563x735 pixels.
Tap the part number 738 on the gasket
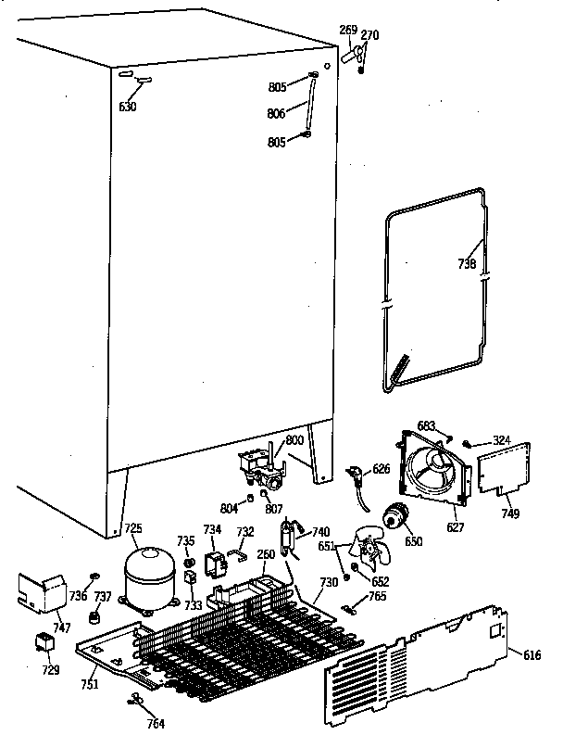(468, 264)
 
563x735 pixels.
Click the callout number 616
(532, 655)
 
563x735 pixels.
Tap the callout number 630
(128, 107)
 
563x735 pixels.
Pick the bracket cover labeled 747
(38, 590)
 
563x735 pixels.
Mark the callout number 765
(377, 598)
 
